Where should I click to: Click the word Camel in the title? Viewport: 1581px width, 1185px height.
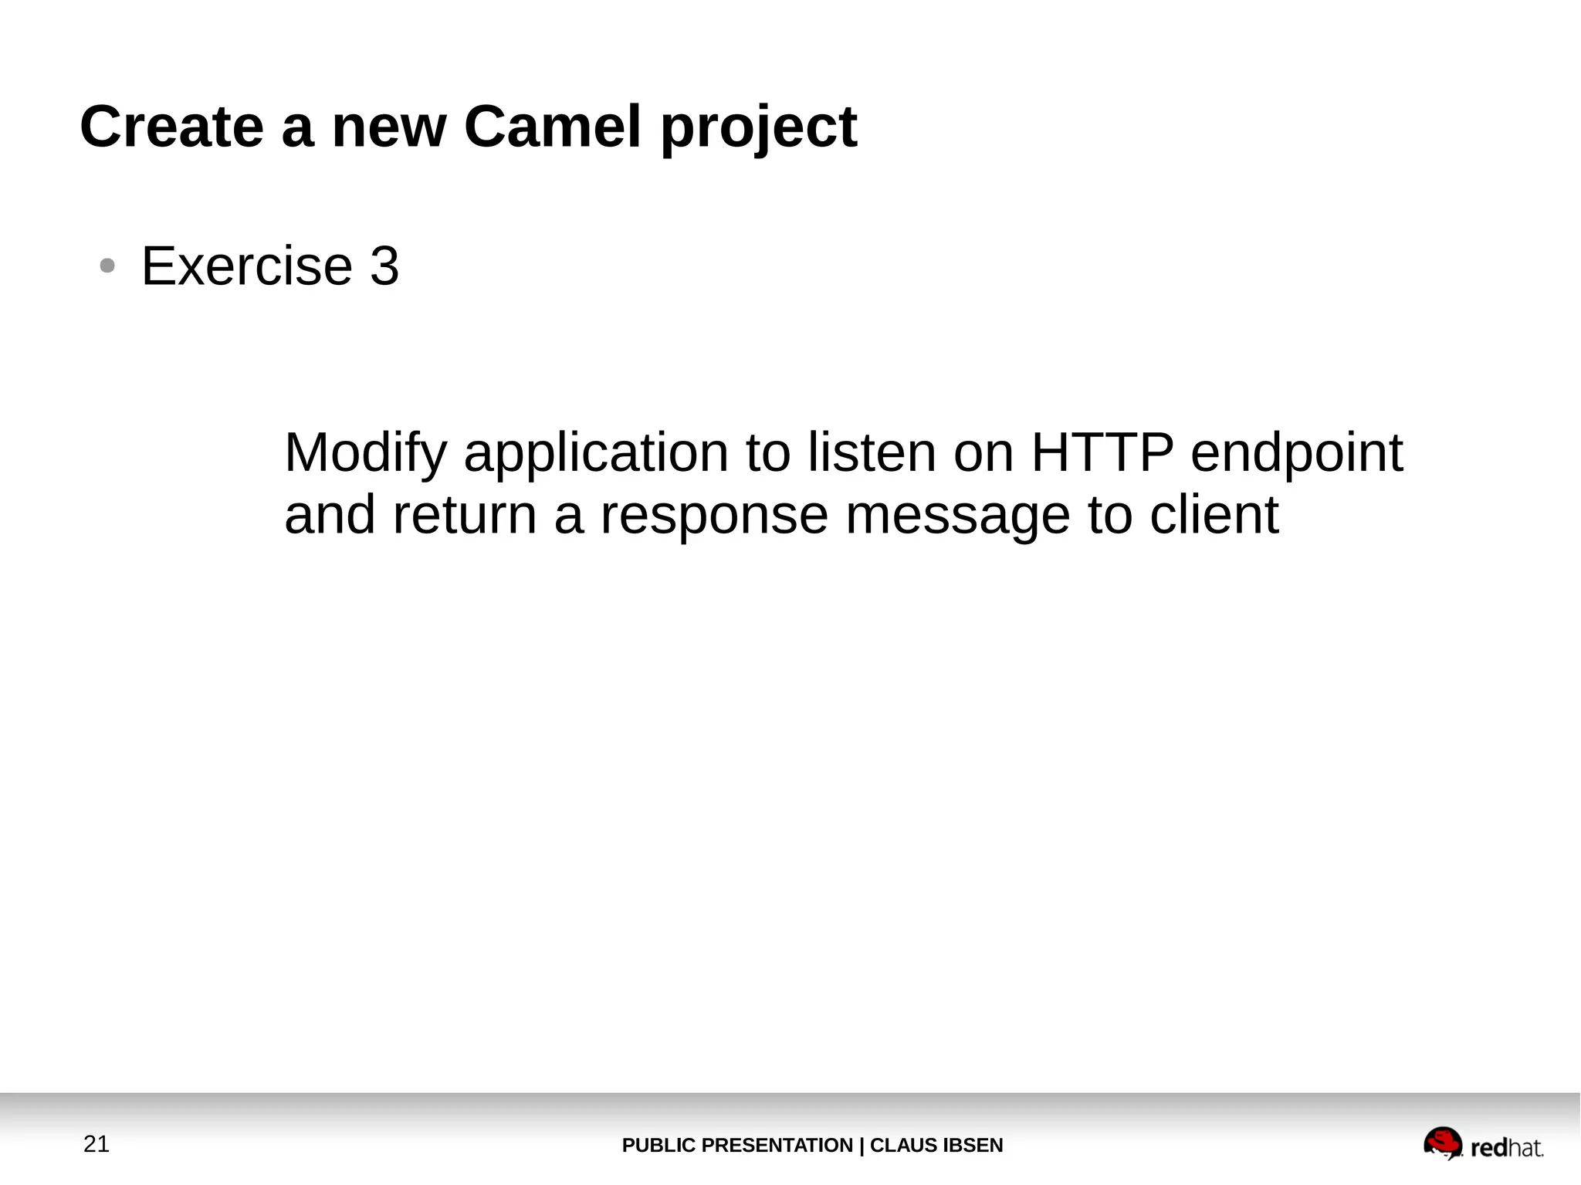[552, 127]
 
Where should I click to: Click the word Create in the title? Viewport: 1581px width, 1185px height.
[171, 127]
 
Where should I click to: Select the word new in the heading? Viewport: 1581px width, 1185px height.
[388, 128]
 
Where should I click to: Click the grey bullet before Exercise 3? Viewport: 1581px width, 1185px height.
[107, 266]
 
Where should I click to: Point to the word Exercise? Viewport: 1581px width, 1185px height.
[247, 266]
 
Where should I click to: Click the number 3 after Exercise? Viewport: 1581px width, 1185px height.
[384, 266]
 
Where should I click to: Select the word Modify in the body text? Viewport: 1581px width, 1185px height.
[366, 453]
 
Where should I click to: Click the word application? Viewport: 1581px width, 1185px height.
[596, 453]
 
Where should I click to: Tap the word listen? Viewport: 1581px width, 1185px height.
[872, 453]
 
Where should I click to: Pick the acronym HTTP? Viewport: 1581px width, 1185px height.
[1102, 453]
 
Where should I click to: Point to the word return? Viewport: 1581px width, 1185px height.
[464, 515]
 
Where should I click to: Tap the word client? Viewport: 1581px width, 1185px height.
[1214, 515]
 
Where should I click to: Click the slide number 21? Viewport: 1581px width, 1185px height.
[96, 1144]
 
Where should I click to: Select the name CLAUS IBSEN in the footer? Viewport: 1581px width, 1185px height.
[936, 1146]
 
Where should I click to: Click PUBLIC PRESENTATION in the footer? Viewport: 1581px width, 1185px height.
[736, 1146]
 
